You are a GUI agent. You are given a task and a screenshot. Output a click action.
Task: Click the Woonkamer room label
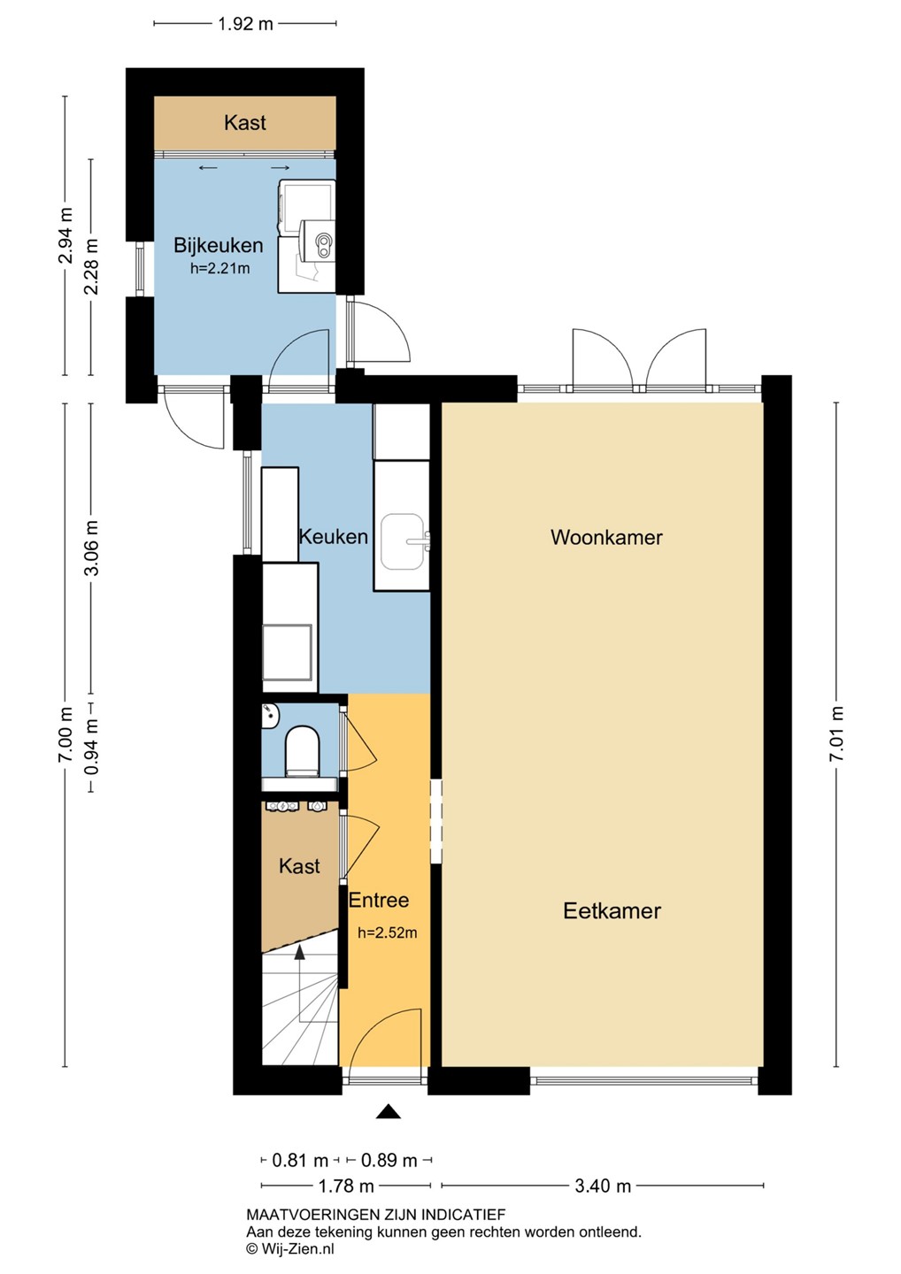(x=606, y=537)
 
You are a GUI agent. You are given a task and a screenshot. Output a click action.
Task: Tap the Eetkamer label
(x=612, y=910)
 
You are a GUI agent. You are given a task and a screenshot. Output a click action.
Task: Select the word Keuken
(x=334, y=536)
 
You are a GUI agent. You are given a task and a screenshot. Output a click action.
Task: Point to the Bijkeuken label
(x=219, y=245)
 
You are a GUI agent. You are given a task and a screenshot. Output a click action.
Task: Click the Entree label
(x=379, y=900)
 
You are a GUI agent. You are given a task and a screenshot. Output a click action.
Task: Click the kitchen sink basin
(x=402, y=541)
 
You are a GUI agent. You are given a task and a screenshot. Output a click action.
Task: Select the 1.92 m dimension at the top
(x=245, y=24)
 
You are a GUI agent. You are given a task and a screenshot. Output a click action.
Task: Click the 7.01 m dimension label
(x=836, y=734)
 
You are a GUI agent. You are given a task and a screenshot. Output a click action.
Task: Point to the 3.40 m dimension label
(x=603, y=1186)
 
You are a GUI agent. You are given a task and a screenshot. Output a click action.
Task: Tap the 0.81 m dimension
(x=300, y=1160)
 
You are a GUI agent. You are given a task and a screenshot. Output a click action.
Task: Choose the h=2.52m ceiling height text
(x=388, y=932)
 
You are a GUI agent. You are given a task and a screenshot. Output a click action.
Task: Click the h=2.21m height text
(x=220, y=268)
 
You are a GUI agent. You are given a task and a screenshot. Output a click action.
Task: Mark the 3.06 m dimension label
(x=91, y=548)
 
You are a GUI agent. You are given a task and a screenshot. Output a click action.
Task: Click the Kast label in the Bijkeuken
(x=244, y=122)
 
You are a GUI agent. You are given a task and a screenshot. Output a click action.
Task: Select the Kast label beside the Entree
(x=299, y=866)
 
